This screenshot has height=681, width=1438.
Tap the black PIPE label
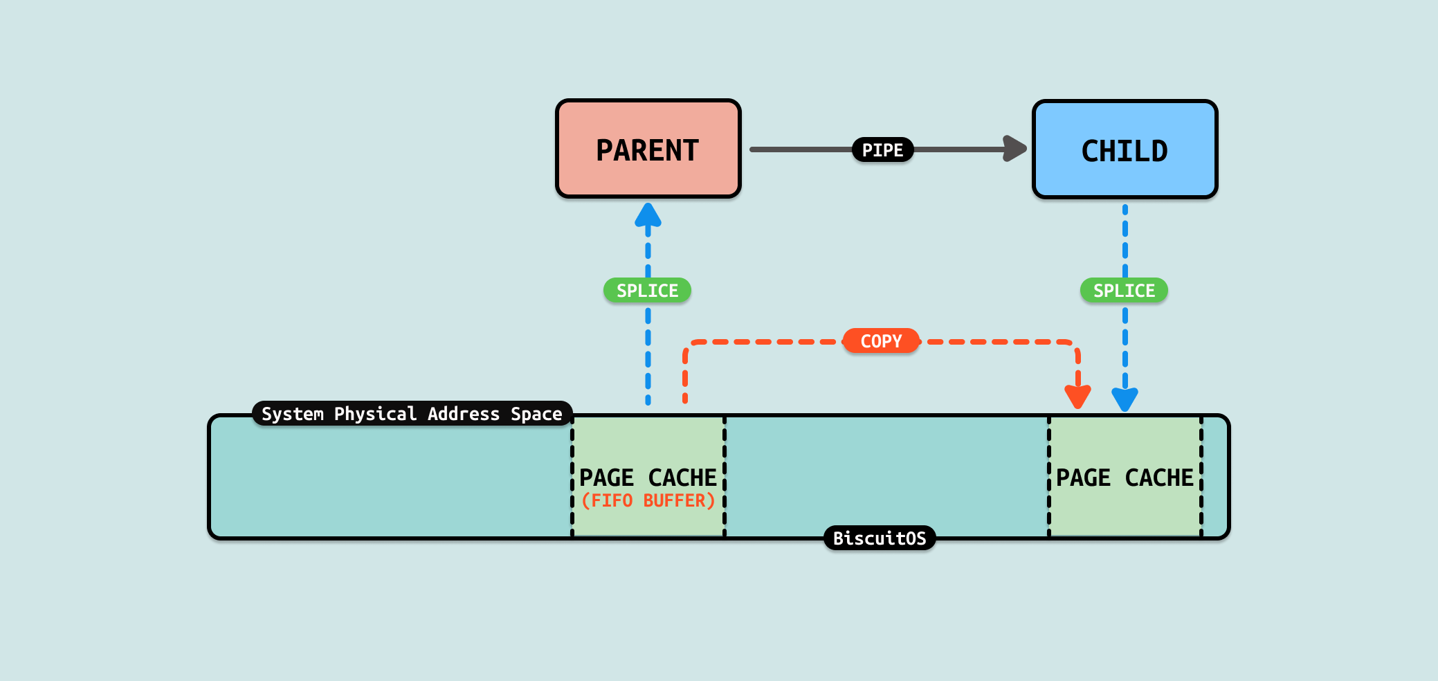point(882,149)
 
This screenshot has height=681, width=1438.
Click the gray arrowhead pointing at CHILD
point(1014,149)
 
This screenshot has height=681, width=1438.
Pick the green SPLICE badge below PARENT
point(647,291)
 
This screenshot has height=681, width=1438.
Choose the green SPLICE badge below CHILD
point(1124,291)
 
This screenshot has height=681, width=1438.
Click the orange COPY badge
point(881,341)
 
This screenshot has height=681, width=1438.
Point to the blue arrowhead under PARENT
point(648,215)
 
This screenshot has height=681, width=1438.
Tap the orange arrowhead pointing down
point(1077,397)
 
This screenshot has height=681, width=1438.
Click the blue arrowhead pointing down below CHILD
point(1125,399)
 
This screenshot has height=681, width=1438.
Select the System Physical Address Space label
point(412,414)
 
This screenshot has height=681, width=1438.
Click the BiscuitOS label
point(880,538)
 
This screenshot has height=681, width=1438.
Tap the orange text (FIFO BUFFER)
point(648,500)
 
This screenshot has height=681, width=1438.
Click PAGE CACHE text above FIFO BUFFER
point(648,478)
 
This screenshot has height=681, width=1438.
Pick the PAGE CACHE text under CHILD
point(1125,478)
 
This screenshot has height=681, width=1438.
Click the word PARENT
point(648,151)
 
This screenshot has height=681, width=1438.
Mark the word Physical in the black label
point(375,414)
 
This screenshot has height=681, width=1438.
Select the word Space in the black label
point(536,414)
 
